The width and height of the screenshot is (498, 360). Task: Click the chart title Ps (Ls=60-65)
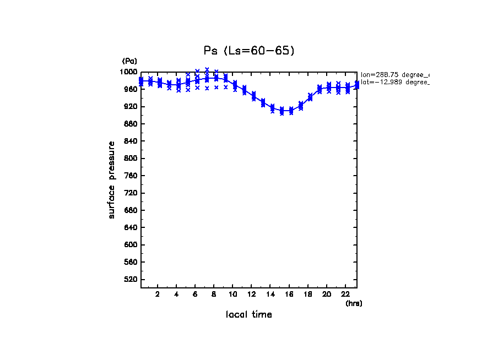(x=249, y=51)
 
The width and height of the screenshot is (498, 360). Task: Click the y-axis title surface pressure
(x=112, y=179)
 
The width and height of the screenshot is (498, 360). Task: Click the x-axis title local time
(x=249, y=314)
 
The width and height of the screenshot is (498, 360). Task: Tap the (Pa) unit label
(x=129, y=61)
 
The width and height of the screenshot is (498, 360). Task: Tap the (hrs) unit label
(x=354, y=303)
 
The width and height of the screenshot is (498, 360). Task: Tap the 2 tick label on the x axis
(x=158, y=294)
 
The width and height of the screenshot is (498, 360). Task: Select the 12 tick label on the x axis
(x=251, y=294)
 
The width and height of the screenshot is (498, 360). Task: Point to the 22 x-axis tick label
(x=344, y=294)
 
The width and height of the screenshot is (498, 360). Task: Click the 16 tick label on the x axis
(x=289, y=294)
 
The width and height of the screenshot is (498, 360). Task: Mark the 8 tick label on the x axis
(x=214, y=294)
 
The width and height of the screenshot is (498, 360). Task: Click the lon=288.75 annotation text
(x=394, y=74)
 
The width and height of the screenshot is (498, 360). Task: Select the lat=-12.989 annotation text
(x=394, y=82)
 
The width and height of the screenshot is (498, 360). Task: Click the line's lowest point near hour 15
(x=282, y=111)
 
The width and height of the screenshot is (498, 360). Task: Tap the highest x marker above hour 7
(x=207, y=69)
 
